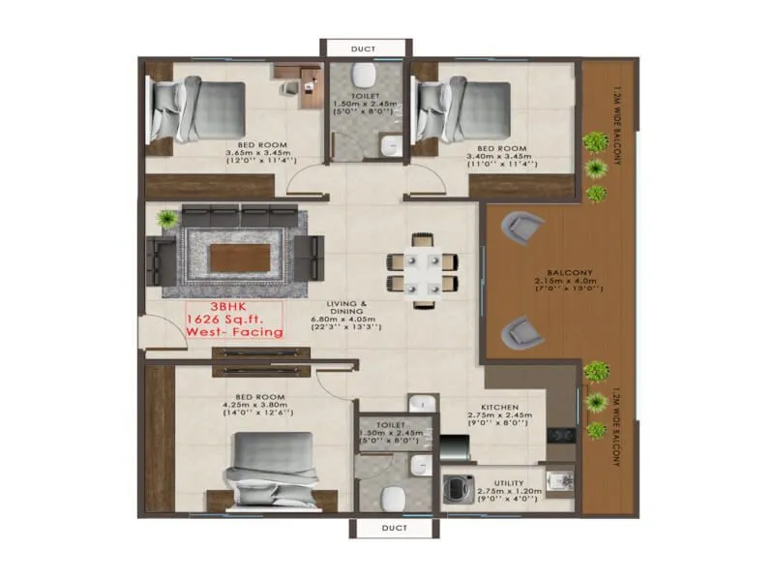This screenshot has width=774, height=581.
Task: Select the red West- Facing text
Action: [x=235, y=332]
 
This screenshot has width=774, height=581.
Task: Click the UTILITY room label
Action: [x=508, y=483]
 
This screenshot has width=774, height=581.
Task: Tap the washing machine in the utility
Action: [x=456, y=489]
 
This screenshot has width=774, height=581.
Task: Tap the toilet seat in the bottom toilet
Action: [x=393, y=498]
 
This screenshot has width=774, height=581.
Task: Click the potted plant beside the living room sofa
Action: [x=168, y=220]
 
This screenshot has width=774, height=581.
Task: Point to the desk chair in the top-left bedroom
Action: [x=289, y=89]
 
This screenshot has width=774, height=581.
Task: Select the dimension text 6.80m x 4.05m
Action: [x=342, y=320]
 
